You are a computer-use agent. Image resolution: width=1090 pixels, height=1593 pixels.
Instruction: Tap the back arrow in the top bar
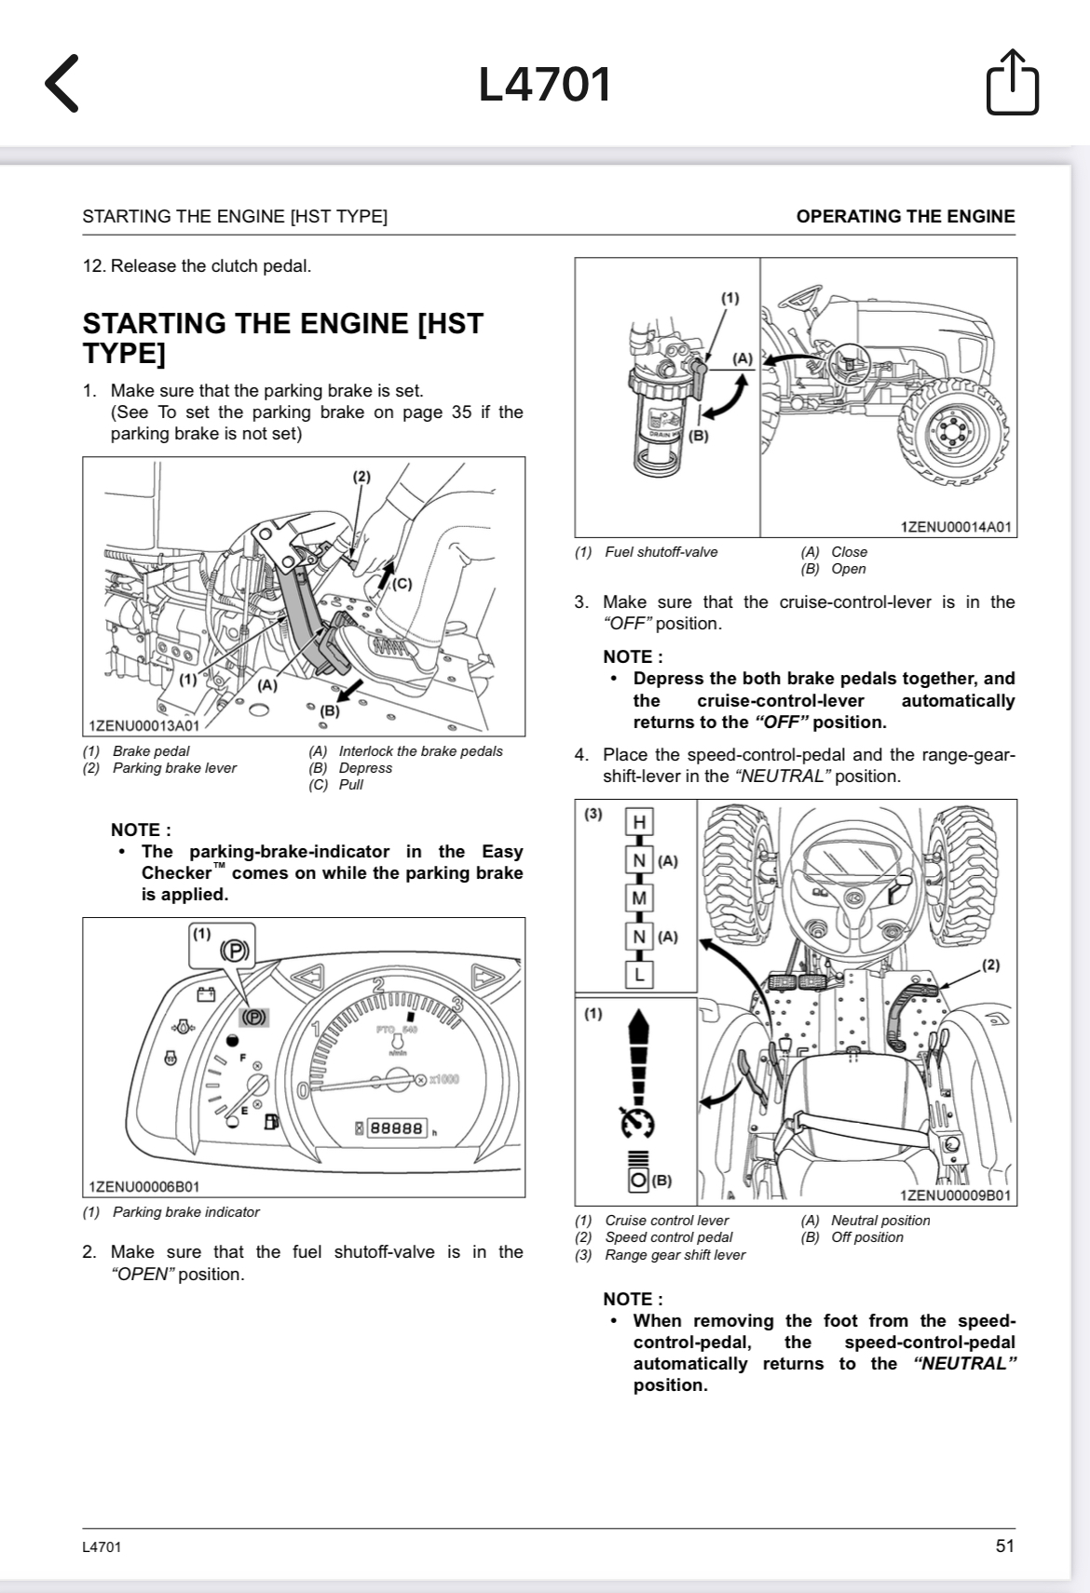pos(61,84)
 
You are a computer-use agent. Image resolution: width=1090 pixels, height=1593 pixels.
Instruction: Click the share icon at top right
pos(1012,84)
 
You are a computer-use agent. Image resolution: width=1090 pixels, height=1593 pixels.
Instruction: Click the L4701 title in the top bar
pos(545,85)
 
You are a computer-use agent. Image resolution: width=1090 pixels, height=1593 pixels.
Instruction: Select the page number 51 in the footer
pos(1004,1546)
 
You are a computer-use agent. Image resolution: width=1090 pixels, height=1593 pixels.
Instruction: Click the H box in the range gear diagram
pos(639,822)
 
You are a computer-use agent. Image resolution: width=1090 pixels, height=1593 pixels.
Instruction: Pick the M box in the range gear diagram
pos(639,898)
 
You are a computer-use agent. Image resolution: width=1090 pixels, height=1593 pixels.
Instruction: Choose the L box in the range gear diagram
pos(639,975)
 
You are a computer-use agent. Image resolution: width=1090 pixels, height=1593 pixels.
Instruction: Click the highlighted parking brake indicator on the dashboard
pos(253,1018)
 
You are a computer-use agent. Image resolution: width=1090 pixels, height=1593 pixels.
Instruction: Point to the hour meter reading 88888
pos(398,1128)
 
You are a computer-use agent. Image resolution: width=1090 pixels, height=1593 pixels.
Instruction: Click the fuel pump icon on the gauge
pos(271,1122)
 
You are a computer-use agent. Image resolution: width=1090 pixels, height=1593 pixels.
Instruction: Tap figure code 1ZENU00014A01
pos(956,527)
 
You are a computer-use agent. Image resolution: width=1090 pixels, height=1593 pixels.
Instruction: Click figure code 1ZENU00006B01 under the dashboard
pos(143,1186)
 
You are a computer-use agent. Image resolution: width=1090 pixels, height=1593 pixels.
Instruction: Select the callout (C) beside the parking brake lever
pos(402,584)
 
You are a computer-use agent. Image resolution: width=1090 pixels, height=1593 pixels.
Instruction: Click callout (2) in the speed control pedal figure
pos(990,965)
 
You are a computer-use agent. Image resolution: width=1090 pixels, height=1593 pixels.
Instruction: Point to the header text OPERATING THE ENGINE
pos(905,216)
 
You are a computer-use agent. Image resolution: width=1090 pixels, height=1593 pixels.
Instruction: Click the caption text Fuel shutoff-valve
pos(661,552)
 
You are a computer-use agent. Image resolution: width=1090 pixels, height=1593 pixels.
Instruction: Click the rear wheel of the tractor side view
pos(953,435)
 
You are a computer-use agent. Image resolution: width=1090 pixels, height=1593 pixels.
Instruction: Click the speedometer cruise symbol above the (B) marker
pos(638,1123)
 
